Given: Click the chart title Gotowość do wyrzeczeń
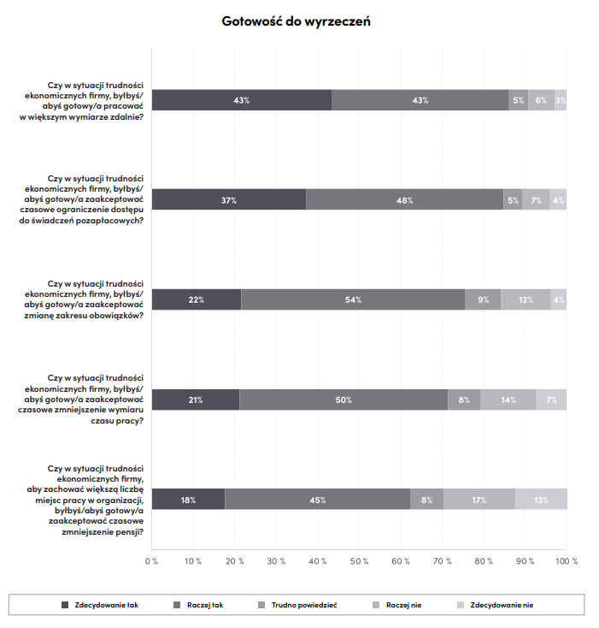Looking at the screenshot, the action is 296,21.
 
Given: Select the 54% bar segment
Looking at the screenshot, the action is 353,299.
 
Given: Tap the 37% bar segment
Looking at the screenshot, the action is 229,199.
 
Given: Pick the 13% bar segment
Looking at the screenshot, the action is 541,500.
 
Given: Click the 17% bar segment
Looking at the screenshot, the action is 479,500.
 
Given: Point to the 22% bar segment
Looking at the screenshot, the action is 197,299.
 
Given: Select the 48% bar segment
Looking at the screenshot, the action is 405,199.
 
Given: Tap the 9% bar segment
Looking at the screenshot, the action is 483,299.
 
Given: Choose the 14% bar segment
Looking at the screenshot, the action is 508,400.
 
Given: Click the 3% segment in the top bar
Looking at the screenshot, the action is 561,100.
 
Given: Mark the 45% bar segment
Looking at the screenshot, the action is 318,500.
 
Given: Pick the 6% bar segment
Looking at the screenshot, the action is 542,100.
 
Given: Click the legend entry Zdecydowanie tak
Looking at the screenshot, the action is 100,605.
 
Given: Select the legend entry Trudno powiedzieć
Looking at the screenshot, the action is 297,605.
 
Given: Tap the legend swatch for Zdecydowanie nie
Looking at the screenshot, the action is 461,605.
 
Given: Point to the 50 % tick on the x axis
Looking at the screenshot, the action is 359,561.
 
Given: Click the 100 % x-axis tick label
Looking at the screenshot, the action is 567,561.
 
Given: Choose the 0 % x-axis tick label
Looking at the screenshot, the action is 151,561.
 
